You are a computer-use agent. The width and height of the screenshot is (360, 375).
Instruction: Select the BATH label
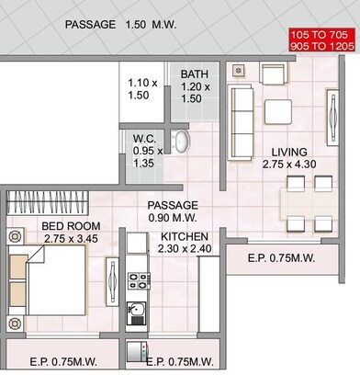tap(194, 74)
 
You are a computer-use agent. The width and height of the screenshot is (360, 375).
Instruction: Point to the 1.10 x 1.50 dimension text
tap(141, 89)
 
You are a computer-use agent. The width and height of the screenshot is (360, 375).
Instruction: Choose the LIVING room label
tap(289, 152)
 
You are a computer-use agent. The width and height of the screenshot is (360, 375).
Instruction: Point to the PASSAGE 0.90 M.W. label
tap(173, 211)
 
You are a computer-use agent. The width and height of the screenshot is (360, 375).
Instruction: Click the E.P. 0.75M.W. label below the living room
tap(281, 259)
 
